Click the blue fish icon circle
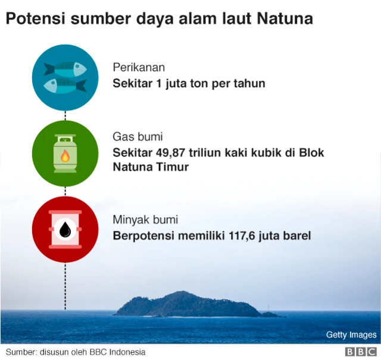tap(65, 77)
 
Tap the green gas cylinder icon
tap(65, 153)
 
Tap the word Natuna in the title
tap(285, 18)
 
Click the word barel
tap(296, 236)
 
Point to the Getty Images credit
tap(351, 335)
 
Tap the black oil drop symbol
tap(65, 230)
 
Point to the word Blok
tap(311, 152)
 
